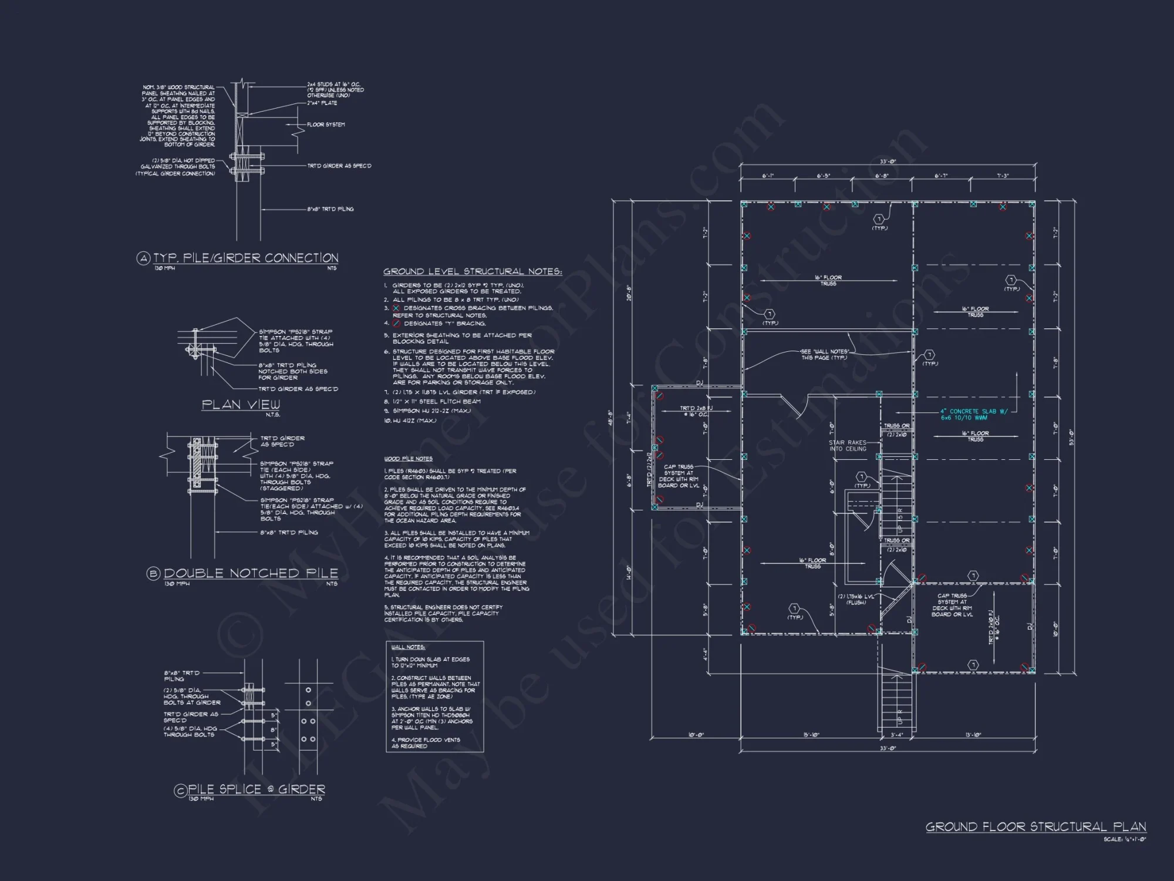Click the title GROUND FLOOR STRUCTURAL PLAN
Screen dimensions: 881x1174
(1035, 827)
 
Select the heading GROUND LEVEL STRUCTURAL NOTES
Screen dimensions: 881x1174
(473, 271)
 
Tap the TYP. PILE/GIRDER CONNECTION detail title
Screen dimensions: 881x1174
(245, 258)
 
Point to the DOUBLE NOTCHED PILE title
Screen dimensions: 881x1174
(251, 573)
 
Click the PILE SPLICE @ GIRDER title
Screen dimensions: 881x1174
(256, 789)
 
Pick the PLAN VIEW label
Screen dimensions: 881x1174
(241, 405)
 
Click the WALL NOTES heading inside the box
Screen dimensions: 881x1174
(408, 647)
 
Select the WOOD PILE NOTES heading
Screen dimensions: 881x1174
(409, 459)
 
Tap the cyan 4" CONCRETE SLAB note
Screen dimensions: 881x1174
(974, 415)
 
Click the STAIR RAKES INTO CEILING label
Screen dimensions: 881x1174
(847, 446)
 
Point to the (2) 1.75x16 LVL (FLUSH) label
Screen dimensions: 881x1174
(855, 599)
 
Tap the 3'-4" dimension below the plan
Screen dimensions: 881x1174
(896, 735)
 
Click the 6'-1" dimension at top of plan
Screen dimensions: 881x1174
(768, 176)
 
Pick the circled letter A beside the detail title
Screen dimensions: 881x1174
(143, 258)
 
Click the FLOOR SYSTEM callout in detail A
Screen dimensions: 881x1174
(326, 125)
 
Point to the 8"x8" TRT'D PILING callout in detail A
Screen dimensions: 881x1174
(330, 209)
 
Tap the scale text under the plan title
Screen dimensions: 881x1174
(1124, 839)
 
